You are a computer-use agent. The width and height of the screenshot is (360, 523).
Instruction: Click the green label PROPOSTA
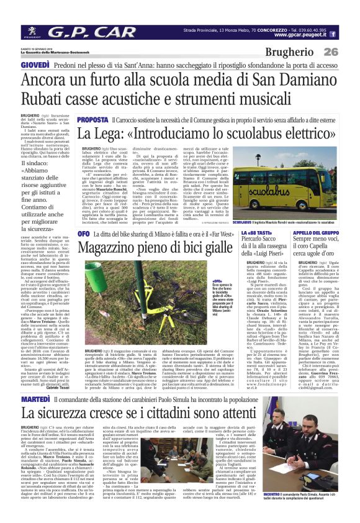coord(93,119)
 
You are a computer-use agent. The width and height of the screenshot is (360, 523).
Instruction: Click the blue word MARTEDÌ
coord(36,379)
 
